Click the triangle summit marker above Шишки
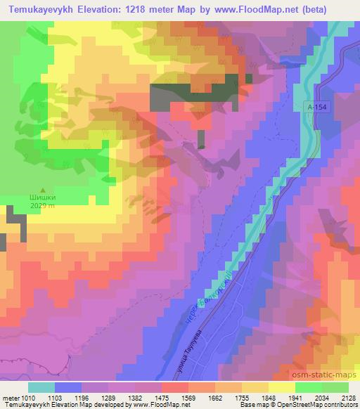[43, 190]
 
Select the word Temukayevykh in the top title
[38, 10]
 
